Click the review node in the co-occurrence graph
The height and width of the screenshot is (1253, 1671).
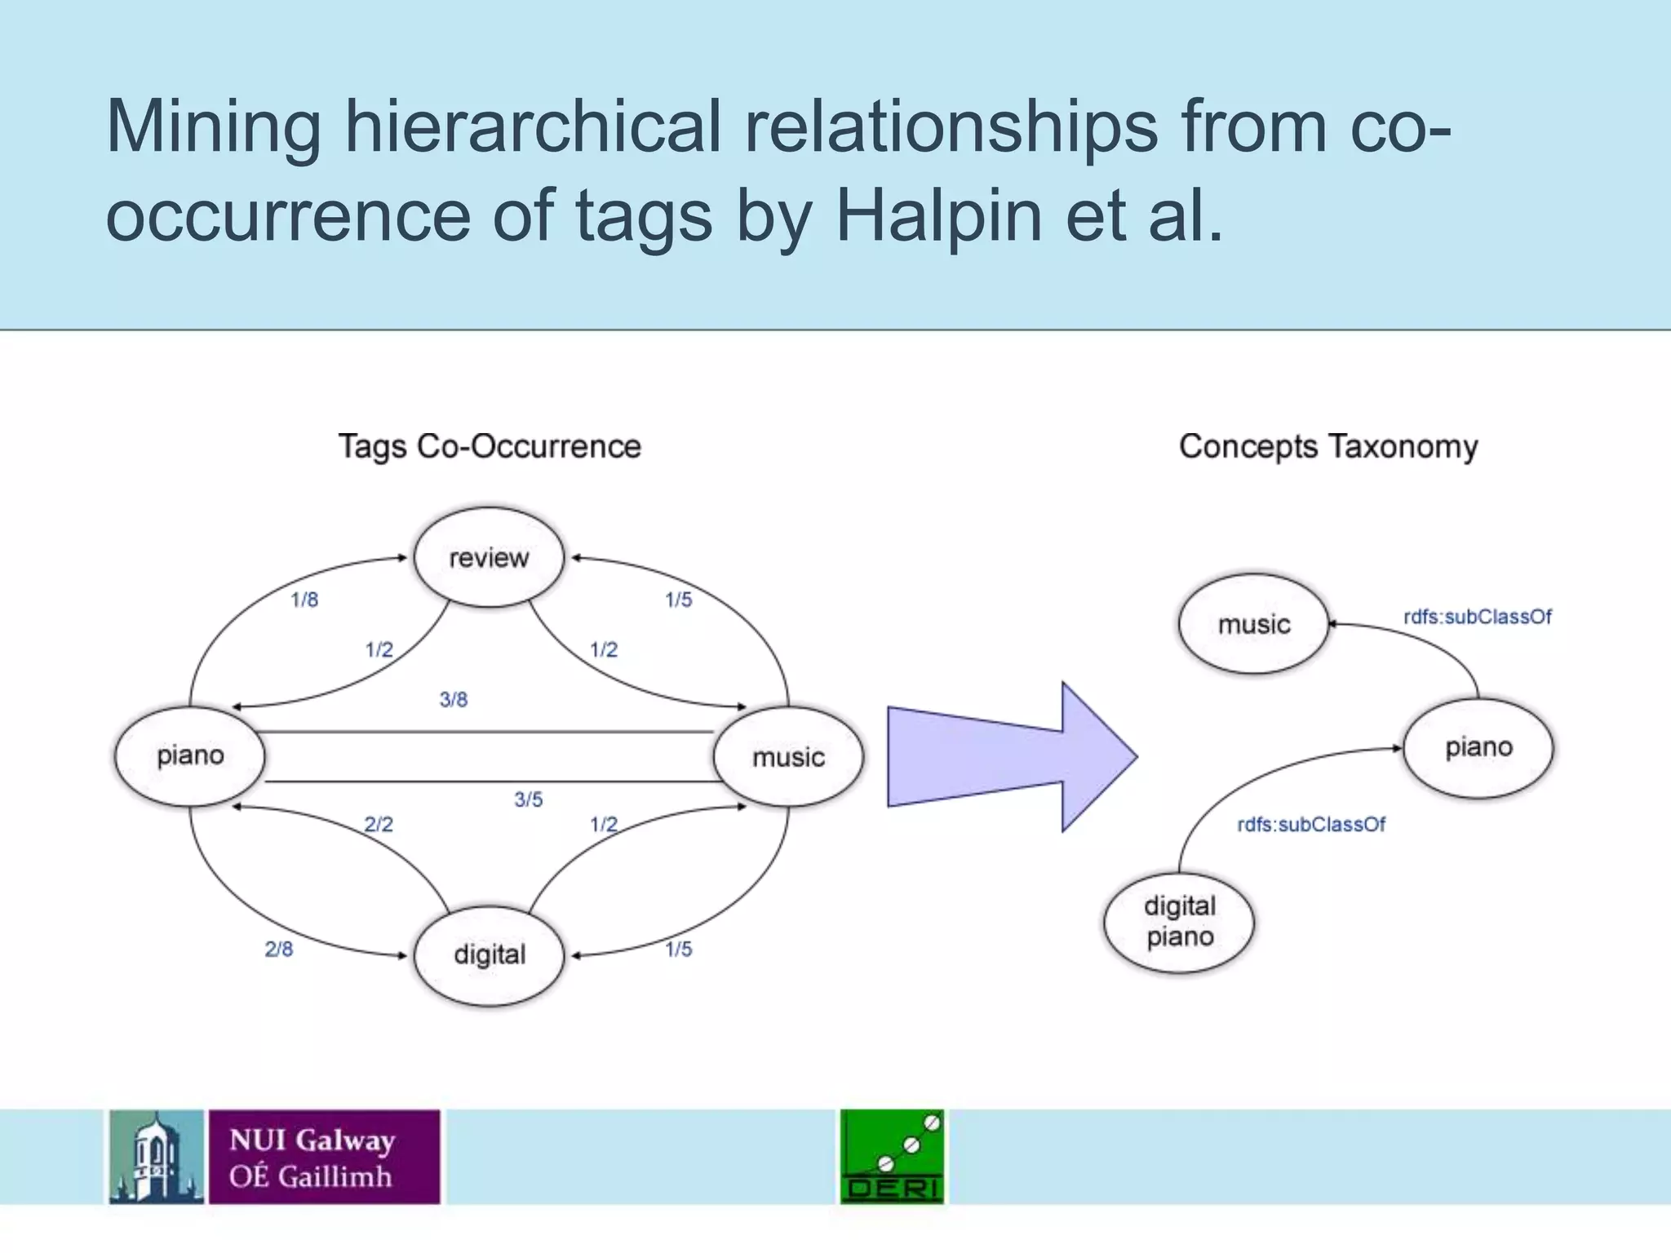click(489, 557)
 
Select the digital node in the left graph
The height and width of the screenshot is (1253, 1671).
click(489, 954)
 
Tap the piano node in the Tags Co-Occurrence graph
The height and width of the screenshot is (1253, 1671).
click(190, 755)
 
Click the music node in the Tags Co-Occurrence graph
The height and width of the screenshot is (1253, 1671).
click(788, 757)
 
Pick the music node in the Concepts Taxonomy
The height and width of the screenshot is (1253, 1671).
click(1254, 624)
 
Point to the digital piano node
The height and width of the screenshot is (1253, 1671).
click(1179, 922)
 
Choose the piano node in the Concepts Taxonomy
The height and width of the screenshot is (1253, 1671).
click(1478, 747)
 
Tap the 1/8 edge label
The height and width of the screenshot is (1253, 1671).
click(304, 600)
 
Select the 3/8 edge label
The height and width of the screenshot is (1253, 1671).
click(454, 700)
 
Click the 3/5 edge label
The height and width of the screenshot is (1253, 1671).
click(528, 800)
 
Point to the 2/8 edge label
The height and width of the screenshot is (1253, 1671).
click(279, 950)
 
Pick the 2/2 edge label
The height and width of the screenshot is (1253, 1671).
click(379, 825)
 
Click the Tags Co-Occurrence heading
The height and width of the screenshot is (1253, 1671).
click(490, 447)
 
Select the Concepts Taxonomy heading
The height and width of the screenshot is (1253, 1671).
click(1328, 447)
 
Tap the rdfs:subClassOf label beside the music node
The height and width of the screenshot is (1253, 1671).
click(1477, 618)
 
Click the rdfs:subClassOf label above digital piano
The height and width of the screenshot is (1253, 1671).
click(1311, 825)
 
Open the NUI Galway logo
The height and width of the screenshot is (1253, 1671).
click(275, 1157)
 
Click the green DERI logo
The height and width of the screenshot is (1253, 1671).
click(892, 1157)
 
